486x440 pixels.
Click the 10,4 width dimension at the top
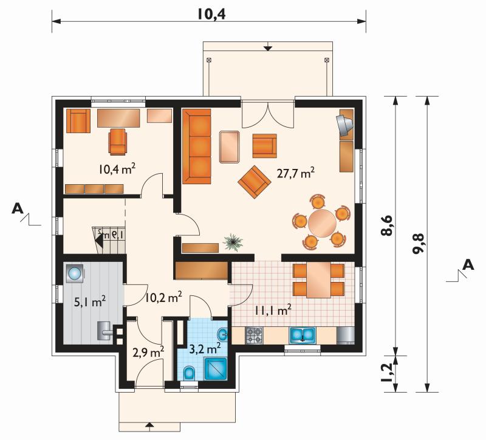tap(212, 13)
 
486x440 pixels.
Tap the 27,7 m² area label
tap(296, 173)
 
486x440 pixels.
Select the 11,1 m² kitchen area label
tap(273, 310)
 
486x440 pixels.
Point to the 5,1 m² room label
tap(90, 301)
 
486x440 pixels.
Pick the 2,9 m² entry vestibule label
tap(148, 352)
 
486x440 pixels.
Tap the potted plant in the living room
tap(233, 242)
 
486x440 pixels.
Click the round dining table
tap(322, 223)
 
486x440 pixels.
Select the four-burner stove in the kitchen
tap(254, 335)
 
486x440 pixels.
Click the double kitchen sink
tap(303, 335)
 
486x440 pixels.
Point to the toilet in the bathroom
tap(189, 373)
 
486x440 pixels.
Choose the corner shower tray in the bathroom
tap(216, 369)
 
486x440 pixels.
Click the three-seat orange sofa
tap(196, 146)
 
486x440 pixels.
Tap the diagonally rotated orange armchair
tap(255, 182)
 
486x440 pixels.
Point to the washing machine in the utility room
tap(75, 273)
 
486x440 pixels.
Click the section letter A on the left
tap(18, 208)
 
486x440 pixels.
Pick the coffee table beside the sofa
tap(230, 146)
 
